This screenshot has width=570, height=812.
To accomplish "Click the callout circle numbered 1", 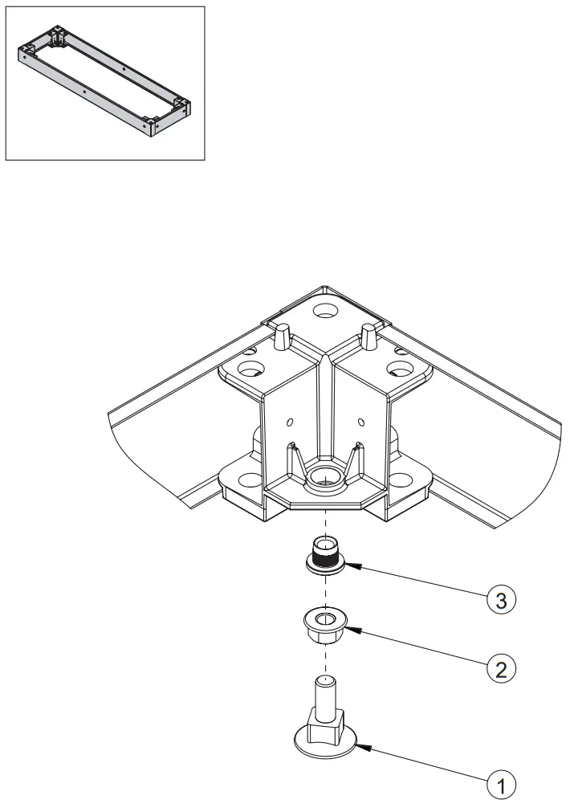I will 500,784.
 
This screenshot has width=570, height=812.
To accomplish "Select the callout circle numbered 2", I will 500,668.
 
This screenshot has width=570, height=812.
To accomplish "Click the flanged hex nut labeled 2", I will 326,622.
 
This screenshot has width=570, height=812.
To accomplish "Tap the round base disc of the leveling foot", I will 324,742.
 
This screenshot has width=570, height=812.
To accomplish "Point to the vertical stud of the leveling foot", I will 324,694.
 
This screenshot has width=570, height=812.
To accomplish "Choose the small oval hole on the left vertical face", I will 289,422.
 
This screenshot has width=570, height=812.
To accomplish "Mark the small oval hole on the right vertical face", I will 361,422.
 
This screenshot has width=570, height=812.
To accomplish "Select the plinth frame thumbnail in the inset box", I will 106,83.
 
